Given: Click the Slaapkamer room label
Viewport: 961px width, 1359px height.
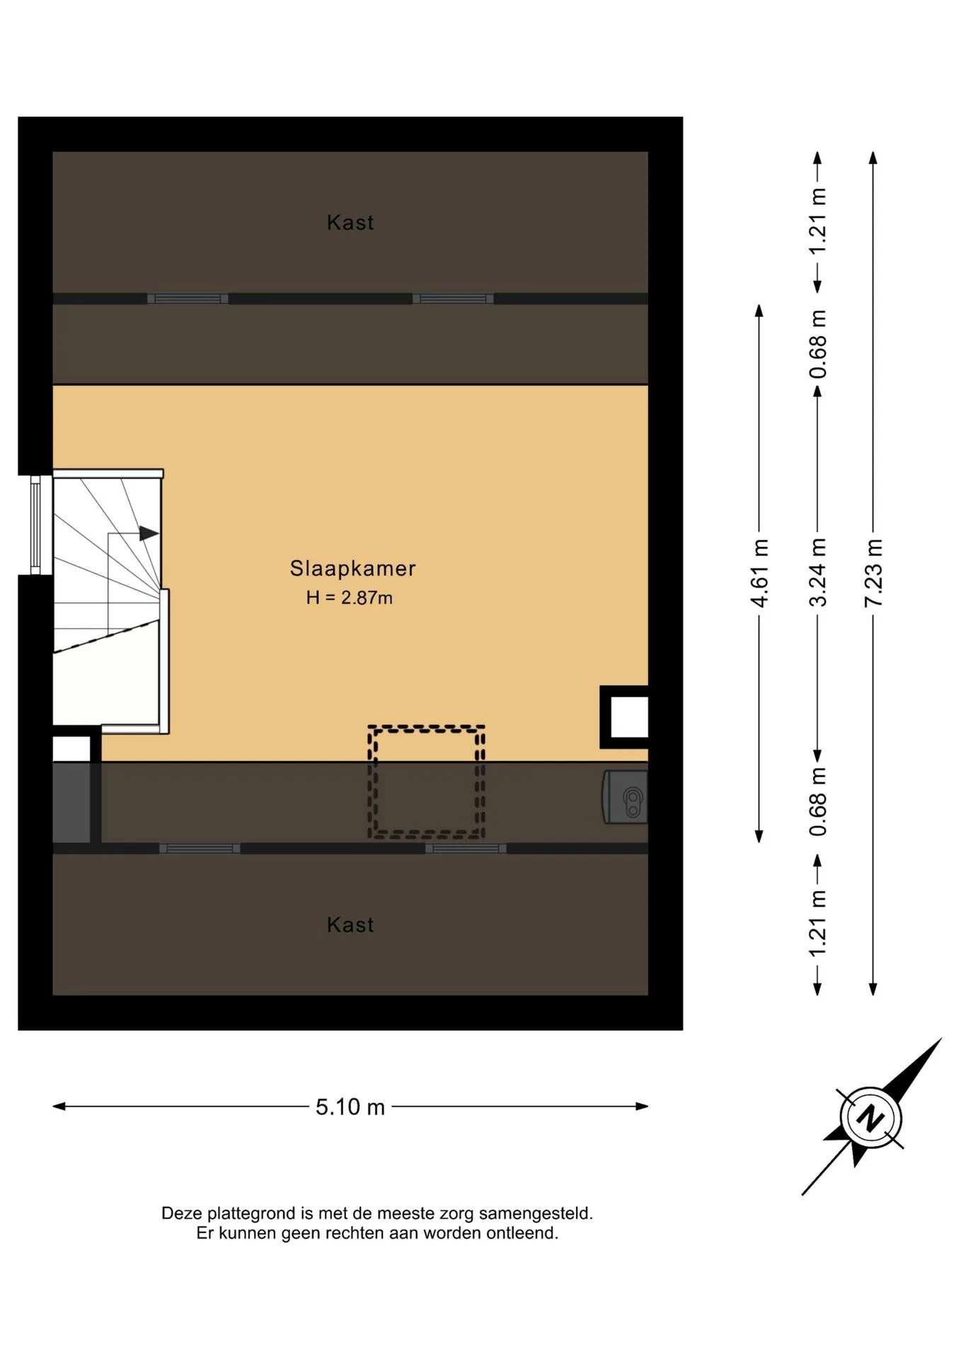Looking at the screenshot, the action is [x=352, y=568].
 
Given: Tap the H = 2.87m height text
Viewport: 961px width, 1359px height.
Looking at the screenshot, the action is [x=349, y=597].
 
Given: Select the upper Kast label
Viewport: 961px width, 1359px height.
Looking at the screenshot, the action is [x=350, y=222].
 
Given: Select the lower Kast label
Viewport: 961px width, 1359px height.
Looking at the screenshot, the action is [x=350, y=924].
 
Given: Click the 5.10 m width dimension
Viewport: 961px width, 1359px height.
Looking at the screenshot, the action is [x=350, y=1106].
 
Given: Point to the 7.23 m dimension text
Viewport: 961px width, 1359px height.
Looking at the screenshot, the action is [x=874, y=573].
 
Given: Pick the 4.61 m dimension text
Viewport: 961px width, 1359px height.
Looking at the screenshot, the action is [x=759, y=573].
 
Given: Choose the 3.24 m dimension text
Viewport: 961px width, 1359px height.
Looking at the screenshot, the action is [x=817, y=573].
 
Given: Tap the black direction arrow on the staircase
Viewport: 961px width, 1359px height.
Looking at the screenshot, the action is [x=149, y=533].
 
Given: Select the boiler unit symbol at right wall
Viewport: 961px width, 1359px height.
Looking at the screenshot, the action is [x=626, y=797].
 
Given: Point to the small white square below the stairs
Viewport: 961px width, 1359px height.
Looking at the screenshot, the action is [x=71, y=749].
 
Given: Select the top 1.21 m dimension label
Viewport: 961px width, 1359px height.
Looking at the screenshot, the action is [x=817, y=222].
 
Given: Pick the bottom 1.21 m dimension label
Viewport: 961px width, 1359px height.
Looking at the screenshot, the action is [x=817, y=924].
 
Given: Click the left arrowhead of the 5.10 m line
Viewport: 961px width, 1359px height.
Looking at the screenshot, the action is [x=59, y=1106].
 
